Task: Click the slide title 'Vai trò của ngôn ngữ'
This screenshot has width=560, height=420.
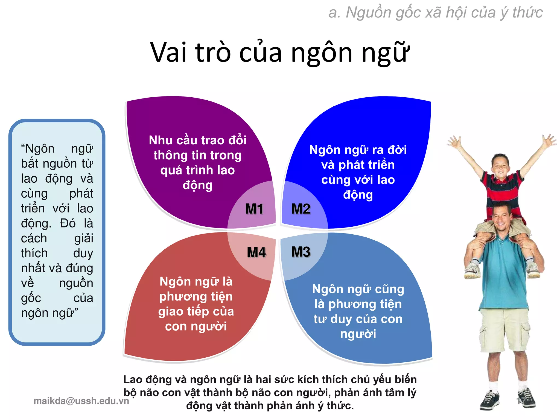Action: [280, 52]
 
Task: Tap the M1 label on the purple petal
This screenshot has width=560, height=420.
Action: [254, 209]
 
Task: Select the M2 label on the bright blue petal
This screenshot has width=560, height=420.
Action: [301, 209]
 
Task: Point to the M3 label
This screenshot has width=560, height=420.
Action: [301, 252]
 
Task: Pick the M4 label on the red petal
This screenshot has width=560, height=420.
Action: [256, 252]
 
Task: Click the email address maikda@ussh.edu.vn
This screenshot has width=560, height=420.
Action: [81, 401]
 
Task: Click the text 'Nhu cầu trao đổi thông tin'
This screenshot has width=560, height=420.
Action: [197, 148]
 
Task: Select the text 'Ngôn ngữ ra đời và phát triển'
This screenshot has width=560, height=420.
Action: [358, 157]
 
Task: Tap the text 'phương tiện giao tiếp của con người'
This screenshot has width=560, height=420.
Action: [196, 311]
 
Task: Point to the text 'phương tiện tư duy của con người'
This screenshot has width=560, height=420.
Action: [358, 312]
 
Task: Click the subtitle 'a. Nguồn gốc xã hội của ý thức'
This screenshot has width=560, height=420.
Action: [435, 13]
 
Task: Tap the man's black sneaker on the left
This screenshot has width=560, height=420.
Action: [489, 401]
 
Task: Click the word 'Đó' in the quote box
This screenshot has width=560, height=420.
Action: [68, 223]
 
